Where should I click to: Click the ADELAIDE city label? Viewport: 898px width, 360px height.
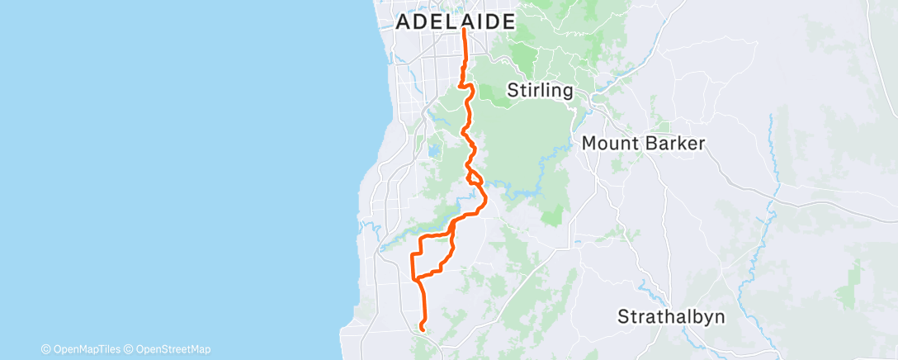pos(456,22)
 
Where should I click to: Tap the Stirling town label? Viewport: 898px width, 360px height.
pos(541,90)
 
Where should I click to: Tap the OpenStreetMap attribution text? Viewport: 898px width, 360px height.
pos(172,349)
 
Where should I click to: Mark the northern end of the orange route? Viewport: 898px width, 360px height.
pos(464,31)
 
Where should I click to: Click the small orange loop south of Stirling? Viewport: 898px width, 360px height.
pos(475,178)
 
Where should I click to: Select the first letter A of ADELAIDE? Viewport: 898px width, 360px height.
pos(404,22)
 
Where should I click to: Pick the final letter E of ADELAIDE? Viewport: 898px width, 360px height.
pos(508,22)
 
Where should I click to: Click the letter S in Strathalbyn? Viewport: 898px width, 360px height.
pos(624,316)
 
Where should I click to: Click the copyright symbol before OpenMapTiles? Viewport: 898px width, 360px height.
pos(45,349)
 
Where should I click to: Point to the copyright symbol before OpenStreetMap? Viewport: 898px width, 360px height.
pos(130,349)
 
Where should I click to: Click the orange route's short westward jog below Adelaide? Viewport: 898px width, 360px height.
pos(461,83)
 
